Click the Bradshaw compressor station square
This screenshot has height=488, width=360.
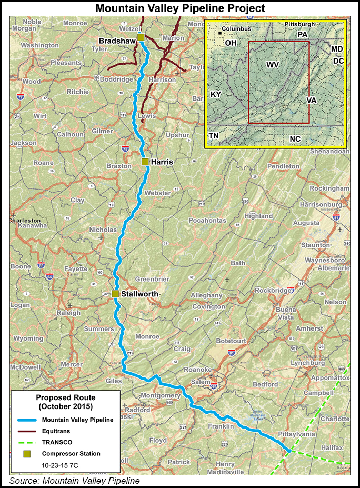click(141, 36)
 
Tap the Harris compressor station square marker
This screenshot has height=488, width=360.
click(145, 162)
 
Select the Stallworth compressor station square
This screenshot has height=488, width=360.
click(115, 294)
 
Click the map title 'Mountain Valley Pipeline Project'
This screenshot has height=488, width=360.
click(180, 7)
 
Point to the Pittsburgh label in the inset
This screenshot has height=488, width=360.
click(299, 25)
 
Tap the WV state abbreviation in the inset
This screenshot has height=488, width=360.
click(273, 65)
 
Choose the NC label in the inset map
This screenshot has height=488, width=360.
click(295, 138)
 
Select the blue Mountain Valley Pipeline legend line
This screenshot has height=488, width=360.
click(26, 420)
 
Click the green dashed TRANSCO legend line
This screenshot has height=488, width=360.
click(26, 442)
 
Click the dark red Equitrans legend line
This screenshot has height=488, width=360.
click(26, 431)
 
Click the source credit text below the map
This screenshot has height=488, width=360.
click(74, 480)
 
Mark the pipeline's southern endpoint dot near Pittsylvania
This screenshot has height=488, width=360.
click(288, 450)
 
